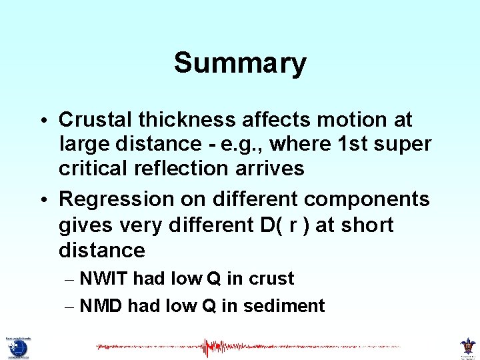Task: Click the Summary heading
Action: (240, 63)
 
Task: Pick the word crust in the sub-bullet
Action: (271, 279)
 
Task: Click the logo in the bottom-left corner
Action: (17, 346)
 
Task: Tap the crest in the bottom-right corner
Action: (467, 346)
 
